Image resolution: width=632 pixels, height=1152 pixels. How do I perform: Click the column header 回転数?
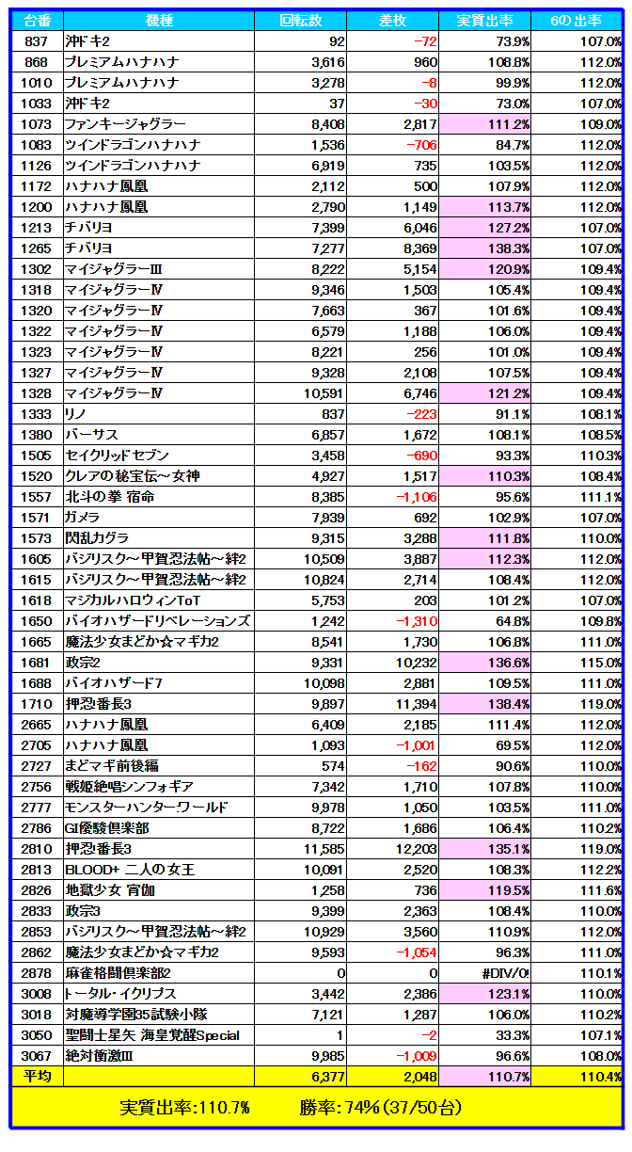301,21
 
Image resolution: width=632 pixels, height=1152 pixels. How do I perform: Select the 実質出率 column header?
484,21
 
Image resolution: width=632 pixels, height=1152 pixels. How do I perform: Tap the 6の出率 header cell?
577,21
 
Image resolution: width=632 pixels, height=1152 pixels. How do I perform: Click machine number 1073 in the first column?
37,124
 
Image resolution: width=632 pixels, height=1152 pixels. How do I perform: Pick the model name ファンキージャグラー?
125,124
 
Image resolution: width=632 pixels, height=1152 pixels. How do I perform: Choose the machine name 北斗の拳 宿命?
109,497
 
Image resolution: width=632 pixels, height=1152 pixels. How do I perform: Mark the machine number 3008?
37,994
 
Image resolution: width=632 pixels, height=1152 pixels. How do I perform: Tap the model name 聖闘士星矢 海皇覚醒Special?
151,1035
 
